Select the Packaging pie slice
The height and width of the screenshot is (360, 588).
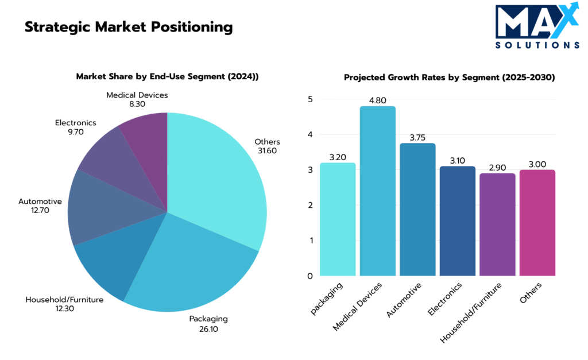tap(189, 264)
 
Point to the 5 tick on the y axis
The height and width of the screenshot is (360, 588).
tap(310, 99)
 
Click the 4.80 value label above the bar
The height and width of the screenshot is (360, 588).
tap(377, 99)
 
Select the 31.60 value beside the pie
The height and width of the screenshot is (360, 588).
tap(268, 151)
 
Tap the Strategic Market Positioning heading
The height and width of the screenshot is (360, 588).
tap(129, 27)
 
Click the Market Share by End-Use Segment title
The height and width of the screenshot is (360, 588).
tap(167, 76)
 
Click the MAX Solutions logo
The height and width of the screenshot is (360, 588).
tap(537, 26)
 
